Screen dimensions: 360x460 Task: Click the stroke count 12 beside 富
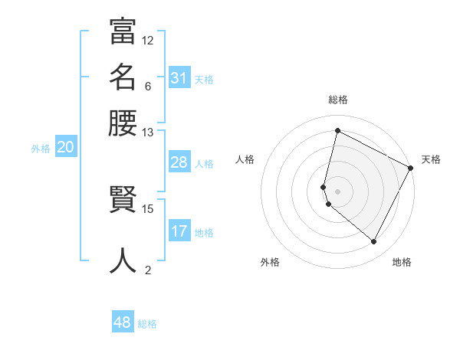(148, 40)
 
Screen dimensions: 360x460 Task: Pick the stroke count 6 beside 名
(148, 86)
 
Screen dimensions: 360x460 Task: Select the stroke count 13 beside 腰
(148, 132)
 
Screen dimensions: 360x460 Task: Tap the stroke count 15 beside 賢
(148, 208)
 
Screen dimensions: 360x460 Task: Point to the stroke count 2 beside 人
(148, 270)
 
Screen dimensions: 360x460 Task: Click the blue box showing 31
(179, 78)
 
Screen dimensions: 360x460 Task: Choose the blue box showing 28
(179, 162)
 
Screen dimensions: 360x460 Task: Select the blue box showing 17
(179, 231)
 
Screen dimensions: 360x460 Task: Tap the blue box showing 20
(65, 148)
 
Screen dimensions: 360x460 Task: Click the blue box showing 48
(123, 322)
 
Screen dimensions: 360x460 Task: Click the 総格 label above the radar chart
(337, 100)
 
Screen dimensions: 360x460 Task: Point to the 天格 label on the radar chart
(431, 159)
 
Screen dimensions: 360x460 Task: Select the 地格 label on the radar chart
(402, 262)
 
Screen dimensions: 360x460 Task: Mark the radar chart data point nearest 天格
(410, 169)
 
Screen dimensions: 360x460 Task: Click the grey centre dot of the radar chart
(337, 191)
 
